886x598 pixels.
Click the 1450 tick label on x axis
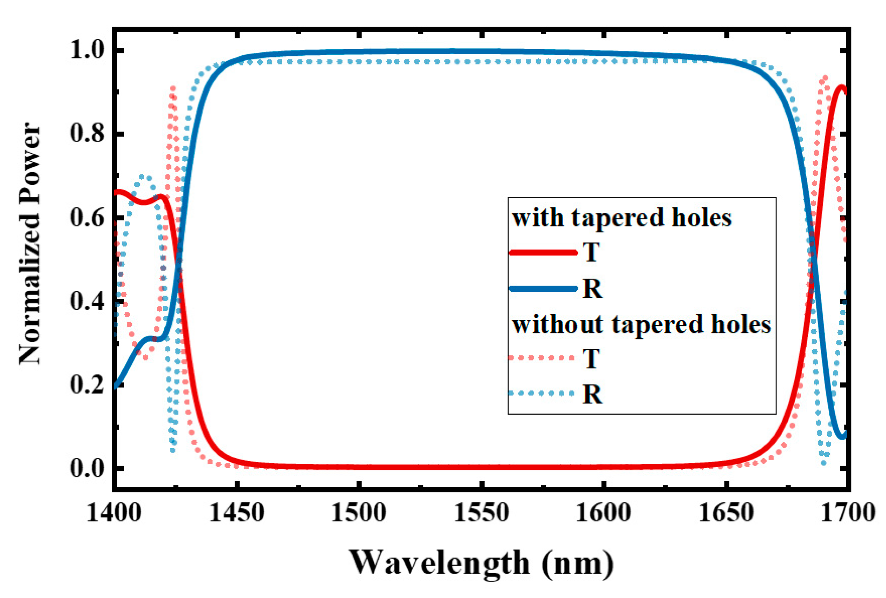237,513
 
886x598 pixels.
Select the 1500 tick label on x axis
359,513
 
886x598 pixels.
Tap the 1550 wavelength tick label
481,513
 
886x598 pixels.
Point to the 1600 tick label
603,513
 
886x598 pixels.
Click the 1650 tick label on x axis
726,513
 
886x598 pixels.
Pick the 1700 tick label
848,513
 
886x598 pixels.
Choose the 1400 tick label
114,513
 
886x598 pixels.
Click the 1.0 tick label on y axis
87,50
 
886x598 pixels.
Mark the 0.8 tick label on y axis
87,133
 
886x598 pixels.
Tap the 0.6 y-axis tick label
87,217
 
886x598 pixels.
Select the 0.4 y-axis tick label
87,301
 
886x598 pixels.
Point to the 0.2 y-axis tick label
87,384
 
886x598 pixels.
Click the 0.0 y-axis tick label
87,468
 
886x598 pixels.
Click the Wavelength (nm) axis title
481,563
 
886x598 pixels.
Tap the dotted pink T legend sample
542,358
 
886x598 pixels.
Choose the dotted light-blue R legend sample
542,394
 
